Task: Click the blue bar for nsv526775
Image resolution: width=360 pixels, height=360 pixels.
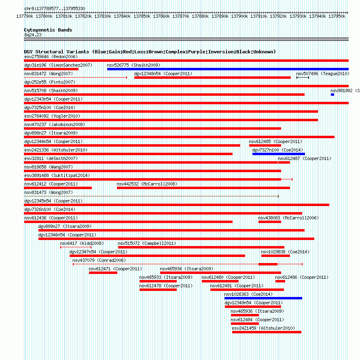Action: pyautogui.click(x=228, y=69)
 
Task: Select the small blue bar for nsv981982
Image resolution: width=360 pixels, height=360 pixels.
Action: pyautogui.click(x=332, y=95)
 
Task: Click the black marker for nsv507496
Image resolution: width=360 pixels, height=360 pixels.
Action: pyautogui.click(x=303, y=78)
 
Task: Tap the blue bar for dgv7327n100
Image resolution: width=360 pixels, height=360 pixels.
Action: pyautogui.click(x=279, y=154)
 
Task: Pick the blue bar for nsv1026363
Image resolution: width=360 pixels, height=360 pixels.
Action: pyautogui.click(x=263, y=298)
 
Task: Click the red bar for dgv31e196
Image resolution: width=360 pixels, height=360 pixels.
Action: pyautogui.click(x=51, y=69)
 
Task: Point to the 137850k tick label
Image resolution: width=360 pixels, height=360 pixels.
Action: pyautogui.click(x=142, y=16)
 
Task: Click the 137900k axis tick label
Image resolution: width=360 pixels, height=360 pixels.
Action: pyautogui.click(x=239, y=16)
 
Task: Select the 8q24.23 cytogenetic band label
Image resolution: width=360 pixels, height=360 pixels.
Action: pyautogui.click(x=33, y=35)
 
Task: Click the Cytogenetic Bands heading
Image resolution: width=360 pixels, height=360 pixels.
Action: pyautogui.click(x=48, y=30)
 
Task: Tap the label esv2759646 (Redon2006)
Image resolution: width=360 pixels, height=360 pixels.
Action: pyautogui.click(x=51, y=57)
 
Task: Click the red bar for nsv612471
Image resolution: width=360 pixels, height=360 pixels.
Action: pyautogui.click(x=103, y=273)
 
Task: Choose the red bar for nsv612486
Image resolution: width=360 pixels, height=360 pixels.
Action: pyautogui.click(x=280, y=281)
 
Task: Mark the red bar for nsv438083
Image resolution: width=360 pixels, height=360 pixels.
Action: pyautogui.click(x=270, y=222)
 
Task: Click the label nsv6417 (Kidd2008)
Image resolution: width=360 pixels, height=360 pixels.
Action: pyautogui.click(x=82, y=243)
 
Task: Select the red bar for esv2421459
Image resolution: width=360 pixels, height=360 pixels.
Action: pyautogui.click(x=267, y=332)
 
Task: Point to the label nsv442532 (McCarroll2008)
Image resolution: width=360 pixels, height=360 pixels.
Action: pyautogui.click(x=147, y=184)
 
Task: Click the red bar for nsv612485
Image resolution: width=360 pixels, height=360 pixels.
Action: pyautogui.click(x=265, y=145)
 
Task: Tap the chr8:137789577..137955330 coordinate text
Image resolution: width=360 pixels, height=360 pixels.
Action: pyautogui.click(x=55, y=8)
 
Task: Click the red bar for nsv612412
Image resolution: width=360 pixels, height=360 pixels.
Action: pyautogui.click(x=58, y=188)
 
